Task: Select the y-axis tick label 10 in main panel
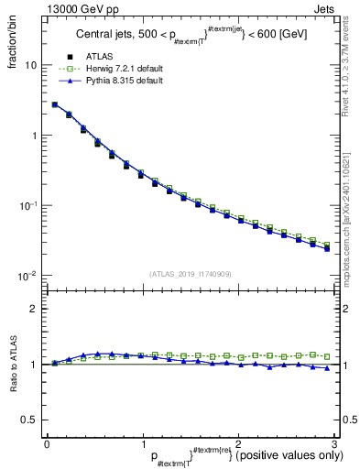coord(30,66)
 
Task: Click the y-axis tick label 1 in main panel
coord(33,136)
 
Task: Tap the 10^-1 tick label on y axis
coord(28,205)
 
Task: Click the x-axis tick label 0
coord(47,444)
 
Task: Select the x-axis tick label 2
coord(238,444)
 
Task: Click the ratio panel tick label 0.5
coord(29,420)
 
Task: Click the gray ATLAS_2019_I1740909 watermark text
coord(191,274)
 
